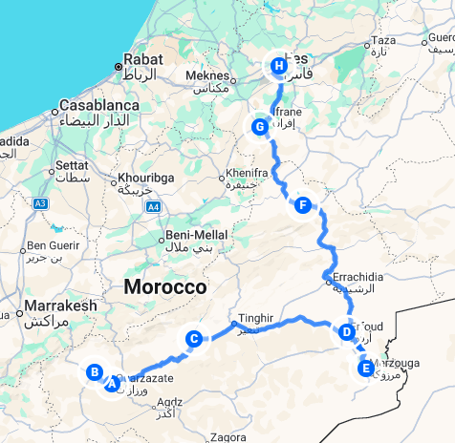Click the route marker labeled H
coord(278,66)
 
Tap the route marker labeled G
coord(258,126)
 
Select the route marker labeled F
coord(303,205)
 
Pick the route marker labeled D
coord(345,332)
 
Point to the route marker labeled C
coord(193,338)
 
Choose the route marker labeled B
coord(95,372)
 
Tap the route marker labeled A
coord(112,384)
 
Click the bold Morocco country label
coord(164,287)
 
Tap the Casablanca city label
coord(100,105)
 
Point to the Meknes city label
coord(207,77)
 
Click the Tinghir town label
coord(254,318)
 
